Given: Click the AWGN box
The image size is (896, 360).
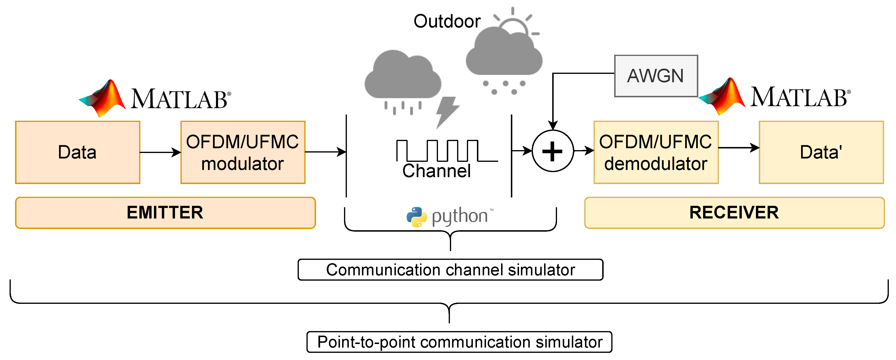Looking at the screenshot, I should tap(656, 76).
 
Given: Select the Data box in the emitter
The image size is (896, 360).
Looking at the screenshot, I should tap(77, 152).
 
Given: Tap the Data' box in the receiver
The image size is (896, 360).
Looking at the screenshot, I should tap(821, 152).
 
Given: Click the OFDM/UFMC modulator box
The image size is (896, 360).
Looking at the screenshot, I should tap(243, 152).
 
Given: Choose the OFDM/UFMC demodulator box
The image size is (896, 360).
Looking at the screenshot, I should tap(656, 152).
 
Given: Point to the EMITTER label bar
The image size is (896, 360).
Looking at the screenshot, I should tap(165, 213).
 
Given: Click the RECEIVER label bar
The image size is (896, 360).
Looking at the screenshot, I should tap(734, 213).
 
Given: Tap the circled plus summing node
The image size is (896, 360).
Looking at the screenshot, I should tap(552, 151).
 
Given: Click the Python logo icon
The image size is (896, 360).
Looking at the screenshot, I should tap(417, 217).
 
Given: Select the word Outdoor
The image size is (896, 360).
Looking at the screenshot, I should tap(447, 22).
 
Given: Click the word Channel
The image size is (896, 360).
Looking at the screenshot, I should tap(437, 171).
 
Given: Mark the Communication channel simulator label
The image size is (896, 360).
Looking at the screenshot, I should tap(450, 270).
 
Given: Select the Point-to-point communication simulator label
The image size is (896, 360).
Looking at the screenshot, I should tap(459, 342).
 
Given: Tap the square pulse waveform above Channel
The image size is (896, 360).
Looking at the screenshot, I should tap(447, 151).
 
